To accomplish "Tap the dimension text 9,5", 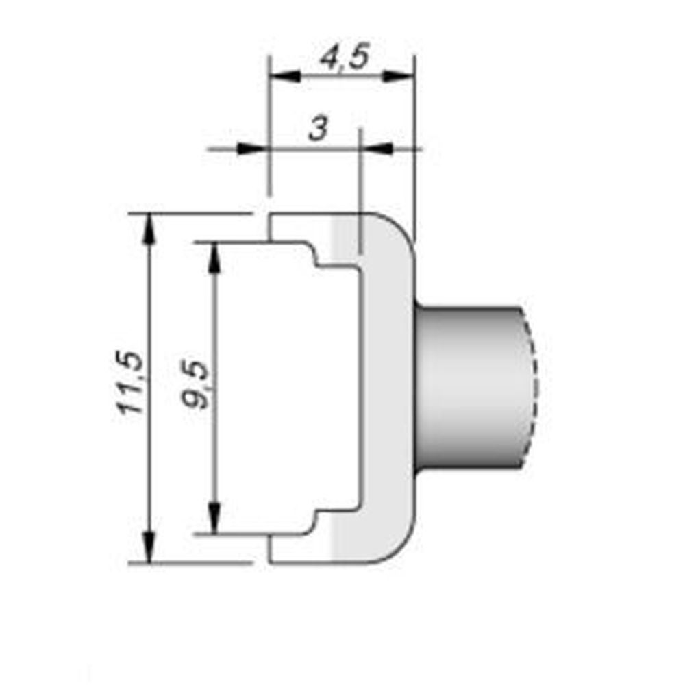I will [x=197, y=387].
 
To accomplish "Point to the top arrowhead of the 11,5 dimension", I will [x=148, y=227].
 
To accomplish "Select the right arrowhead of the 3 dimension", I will [x=376, y=148].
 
